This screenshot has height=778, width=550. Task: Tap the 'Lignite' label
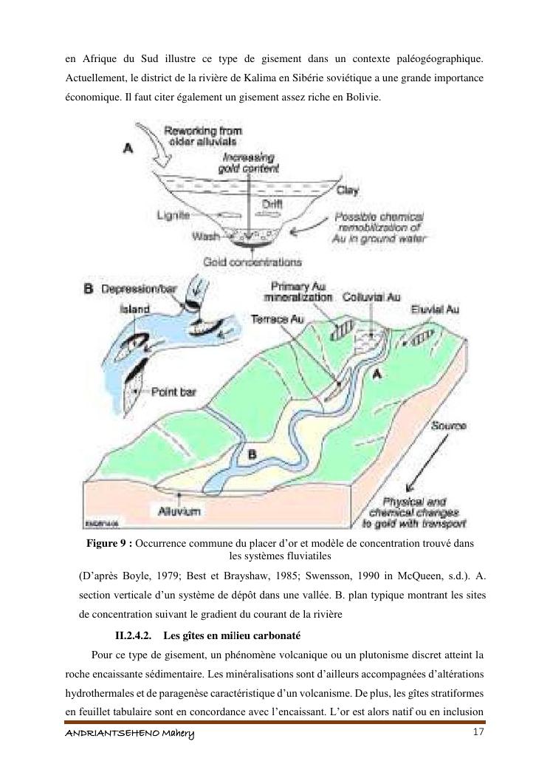[x=173, y=215]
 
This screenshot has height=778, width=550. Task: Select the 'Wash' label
[x=204, y=236]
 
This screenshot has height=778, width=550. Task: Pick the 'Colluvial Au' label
[x=371, y=297]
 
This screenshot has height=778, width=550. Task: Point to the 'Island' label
[x=134, y=309]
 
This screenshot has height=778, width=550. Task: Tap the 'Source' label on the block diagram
[x=447, y=426]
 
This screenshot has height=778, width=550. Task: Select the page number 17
[x=477, y=731]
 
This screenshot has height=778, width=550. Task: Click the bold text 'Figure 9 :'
[x=110, y=543]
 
